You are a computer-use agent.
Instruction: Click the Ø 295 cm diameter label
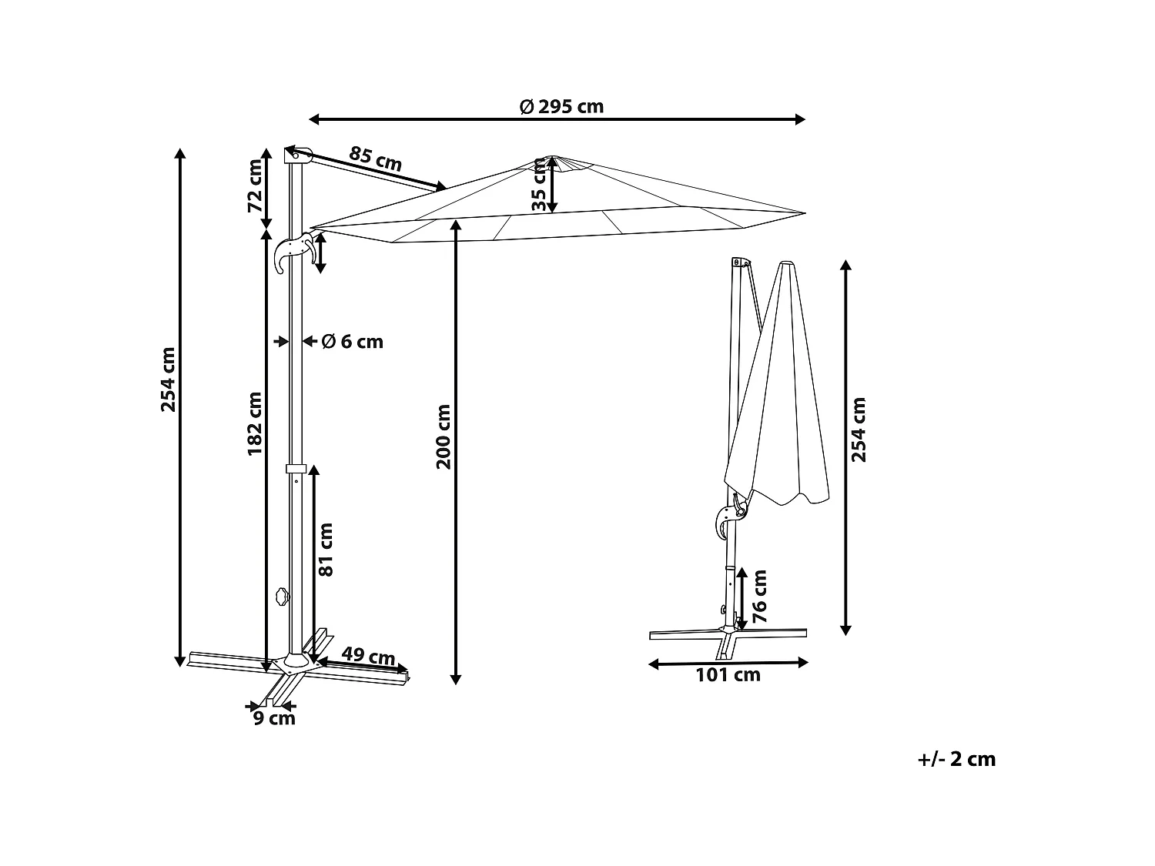[561, 107]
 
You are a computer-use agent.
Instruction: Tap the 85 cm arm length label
[376, 159]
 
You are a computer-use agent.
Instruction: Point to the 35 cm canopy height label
[540, 189]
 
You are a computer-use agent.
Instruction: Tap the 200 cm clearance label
[444, 436]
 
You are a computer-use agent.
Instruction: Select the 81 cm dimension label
[326, 549]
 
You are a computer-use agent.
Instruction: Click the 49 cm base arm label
[368, 657]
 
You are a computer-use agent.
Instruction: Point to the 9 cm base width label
[274, 718]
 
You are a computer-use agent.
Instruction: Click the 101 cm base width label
[728, 675]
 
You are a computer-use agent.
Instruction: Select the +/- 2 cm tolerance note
[957, 759]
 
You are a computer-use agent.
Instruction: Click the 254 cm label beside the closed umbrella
[859, 430]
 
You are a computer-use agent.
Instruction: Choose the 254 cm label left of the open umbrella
[169, 379]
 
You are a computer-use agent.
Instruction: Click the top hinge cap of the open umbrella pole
[297, 154]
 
